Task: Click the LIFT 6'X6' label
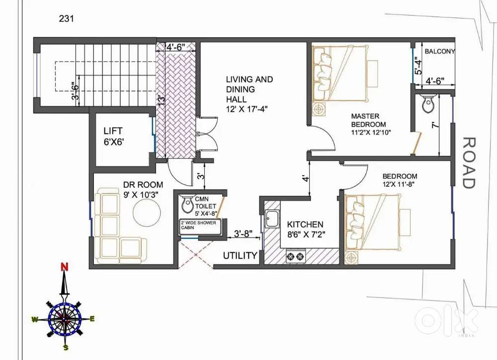pos(113,136)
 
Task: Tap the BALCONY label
pos(440,51)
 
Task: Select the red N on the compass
pos(65,267)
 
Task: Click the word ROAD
pos(469,163)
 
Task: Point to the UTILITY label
pos(240,256)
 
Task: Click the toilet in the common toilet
pos(187,204)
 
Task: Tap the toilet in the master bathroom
pos(428,103)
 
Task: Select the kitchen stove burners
pos(296,256)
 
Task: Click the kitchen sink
pos(272,218)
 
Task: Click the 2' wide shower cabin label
pos(198,225)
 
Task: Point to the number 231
pos(66,19)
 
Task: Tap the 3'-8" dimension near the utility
pos(243,233)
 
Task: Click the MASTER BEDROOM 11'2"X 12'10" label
pos(371,124)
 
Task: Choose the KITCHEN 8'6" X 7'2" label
pos(306,229)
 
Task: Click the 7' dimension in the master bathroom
pos(435,125)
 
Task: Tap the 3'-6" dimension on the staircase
pos(75,91)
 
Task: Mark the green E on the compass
pos(92,319)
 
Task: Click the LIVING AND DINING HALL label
pos(249,94)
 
